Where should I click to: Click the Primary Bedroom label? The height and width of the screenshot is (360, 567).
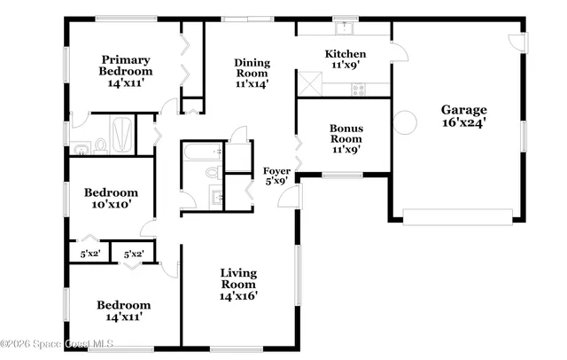pos(125,71)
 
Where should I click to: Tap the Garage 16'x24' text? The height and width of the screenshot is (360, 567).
pos(463,117)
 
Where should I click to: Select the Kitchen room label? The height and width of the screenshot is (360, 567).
pos(345,59)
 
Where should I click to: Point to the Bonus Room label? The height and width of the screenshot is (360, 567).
pos(346,138)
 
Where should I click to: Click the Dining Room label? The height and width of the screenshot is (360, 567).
pos(252,73)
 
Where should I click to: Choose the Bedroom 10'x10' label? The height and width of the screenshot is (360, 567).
pos(111,198)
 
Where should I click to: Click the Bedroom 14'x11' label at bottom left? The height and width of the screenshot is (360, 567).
pos(123,309)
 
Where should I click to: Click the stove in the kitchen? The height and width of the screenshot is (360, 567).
pos(359,88)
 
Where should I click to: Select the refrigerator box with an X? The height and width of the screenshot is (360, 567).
pos(309,85)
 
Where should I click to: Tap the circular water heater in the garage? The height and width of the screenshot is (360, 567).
pos(405,122)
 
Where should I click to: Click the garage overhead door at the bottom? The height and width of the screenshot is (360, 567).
pos(457,215)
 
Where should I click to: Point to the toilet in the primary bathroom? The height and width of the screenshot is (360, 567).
pos(99,145)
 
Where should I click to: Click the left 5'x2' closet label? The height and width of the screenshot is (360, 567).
pos(90,254)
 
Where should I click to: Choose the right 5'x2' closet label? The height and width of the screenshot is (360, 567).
pos(134,254)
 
